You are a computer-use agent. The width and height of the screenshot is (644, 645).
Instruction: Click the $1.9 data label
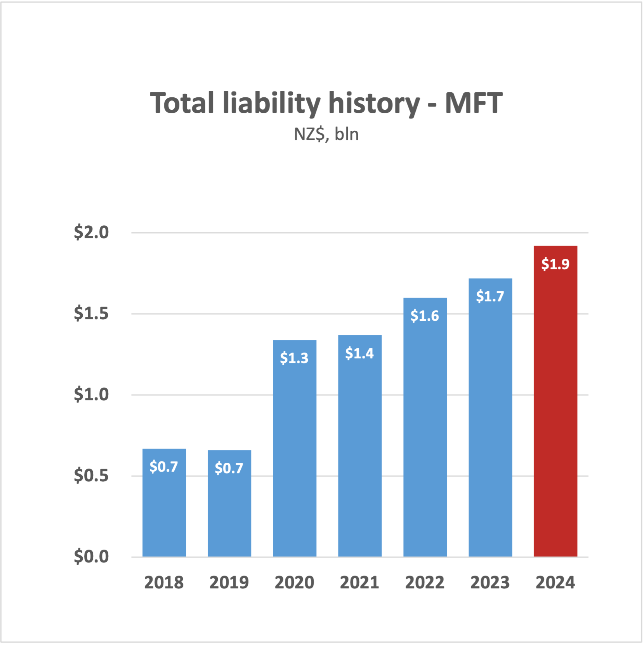(x=555, y=264)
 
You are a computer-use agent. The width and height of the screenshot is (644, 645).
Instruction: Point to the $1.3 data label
(x=294, y=358)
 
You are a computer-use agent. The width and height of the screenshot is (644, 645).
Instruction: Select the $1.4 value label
(x=359, y=353)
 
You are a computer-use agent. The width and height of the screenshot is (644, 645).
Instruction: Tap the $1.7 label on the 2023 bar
(x=490, y=296)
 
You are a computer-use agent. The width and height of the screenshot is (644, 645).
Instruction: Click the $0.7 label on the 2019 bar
(x=229, y=468)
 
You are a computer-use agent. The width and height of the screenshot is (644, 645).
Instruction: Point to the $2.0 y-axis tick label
(x=91, y=232)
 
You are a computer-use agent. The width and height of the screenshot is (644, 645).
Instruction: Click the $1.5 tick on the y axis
(x=91, y=313)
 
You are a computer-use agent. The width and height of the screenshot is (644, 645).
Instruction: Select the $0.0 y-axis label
(x=91, y=557)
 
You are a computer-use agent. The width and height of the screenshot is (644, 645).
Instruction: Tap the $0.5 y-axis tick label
(x=91, y=476)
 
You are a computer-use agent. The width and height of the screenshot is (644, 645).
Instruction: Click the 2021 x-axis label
(x=359, y=583)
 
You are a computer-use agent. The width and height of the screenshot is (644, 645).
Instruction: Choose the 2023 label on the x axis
(x=490, y=583)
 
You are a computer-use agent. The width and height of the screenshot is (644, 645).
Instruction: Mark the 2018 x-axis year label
(x=164, y=583)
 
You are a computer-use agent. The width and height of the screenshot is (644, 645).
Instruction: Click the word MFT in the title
(x=474, y=103)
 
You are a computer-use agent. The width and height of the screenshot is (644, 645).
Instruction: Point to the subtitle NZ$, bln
(x=326, y=134)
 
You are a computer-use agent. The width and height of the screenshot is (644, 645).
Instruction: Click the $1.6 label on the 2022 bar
(x=425, y=316)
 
